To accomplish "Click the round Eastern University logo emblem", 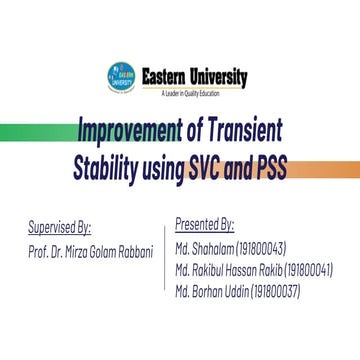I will click(x=120, y=75).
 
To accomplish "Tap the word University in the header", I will click(x=219, y=75).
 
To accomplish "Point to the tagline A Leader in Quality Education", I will click(x=189, y=92).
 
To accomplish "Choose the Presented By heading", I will click(x=204, y=225).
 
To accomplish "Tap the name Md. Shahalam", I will click(x=204, y=248).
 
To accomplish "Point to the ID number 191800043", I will click(x=261, y=248).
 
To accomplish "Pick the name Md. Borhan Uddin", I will click(x=211, y=291).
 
